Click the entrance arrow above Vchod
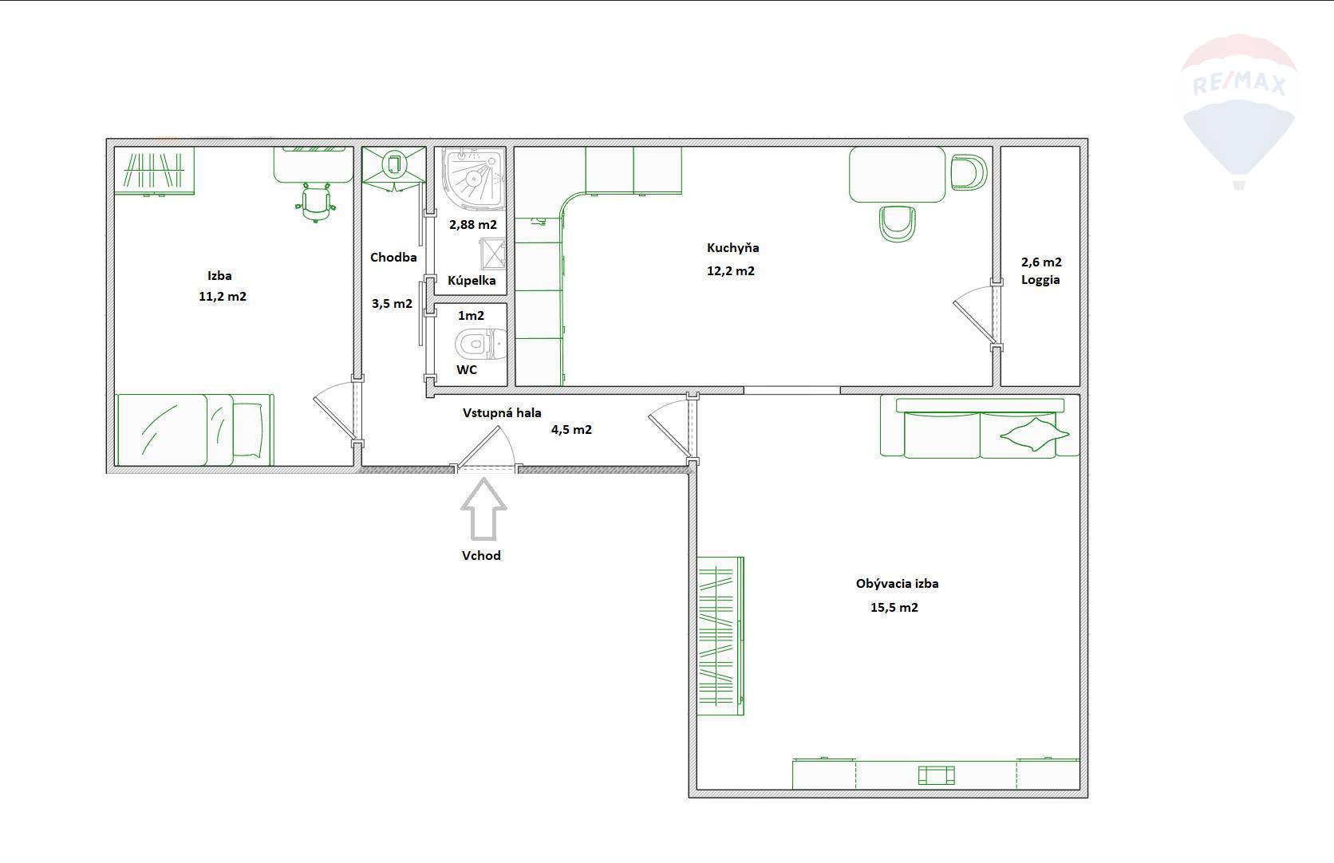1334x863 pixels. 483,510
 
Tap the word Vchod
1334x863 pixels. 481,555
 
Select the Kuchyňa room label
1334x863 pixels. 732,247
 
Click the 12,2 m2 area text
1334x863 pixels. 731,271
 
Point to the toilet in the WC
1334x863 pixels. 480,344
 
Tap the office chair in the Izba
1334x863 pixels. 315,203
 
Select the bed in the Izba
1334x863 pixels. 195,429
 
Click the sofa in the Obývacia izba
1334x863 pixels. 980,428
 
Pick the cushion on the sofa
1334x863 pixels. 1035,435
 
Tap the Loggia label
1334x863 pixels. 1040,280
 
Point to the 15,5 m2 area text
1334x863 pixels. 894,608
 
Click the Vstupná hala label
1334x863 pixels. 502,412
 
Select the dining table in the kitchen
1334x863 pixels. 897,175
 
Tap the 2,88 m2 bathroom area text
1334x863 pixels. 473,224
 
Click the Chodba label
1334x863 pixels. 393,257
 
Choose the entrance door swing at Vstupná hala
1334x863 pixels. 485,447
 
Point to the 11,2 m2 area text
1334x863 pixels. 222,297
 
